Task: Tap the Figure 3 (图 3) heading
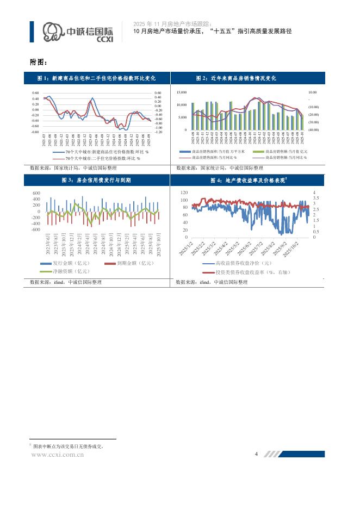96,180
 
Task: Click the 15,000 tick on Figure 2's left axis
181,93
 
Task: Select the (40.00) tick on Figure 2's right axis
314,130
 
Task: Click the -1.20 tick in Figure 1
159,132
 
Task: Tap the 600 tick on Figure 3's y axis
36,193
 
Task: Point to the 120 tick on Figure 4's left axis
183,193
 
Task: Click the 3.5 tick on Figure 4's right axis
316,198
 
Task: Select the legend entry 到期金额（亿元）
136,263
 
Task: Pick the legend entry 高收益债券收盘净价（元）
244,263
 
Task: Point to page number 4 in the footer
256,454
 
